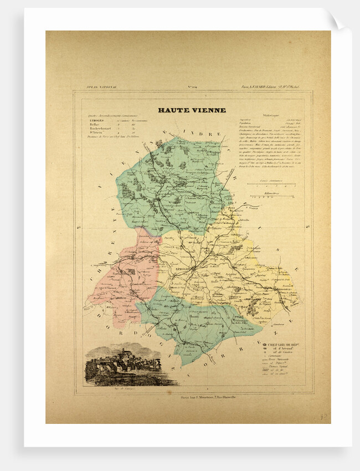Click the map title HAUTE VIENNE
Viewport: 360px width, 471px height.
[x=192, y=110]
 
